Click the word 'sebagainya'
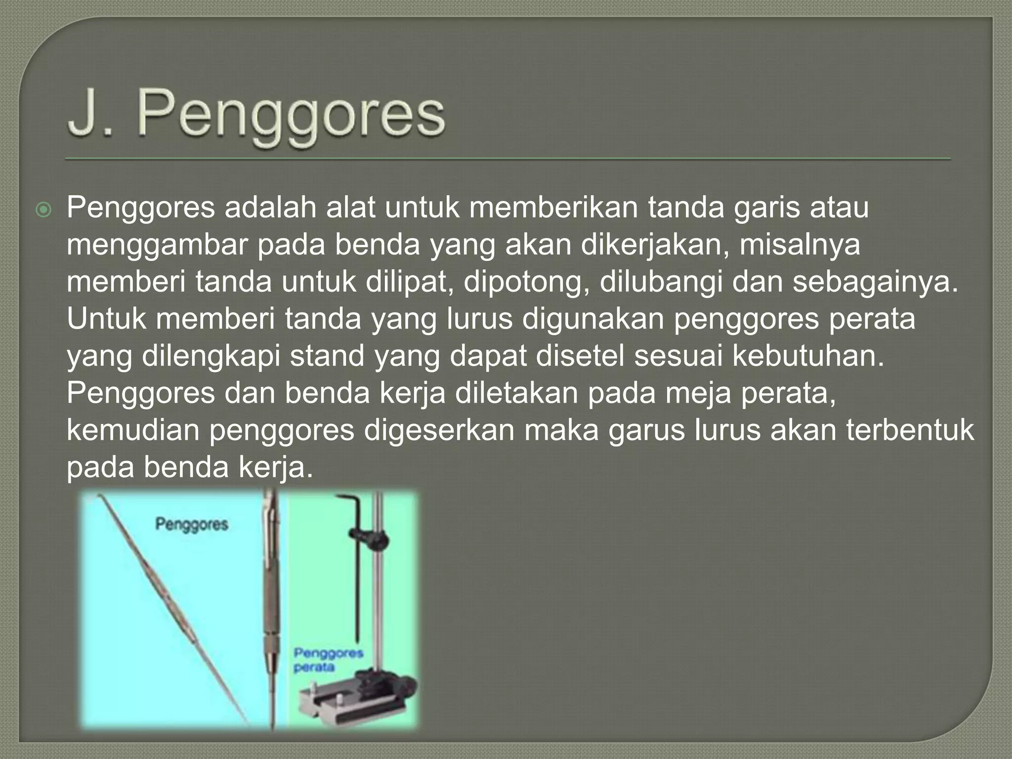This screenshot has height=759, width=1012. click(875, 282)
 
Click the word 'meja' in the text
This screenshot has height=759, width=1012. click(694, 393)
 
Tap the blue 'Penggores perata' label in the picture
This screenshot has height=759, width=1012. click(328, 660)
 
